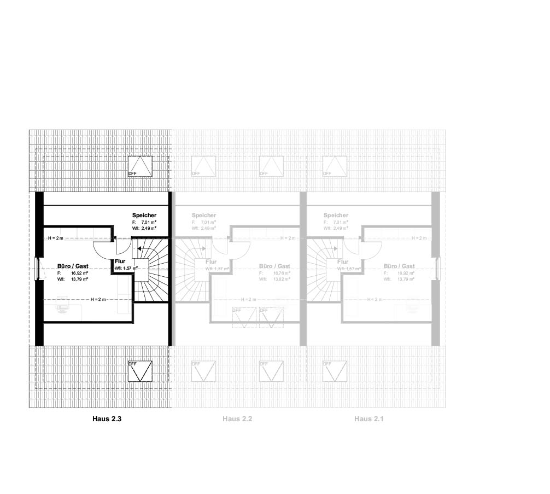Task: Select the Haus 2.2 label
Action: coord(237,419)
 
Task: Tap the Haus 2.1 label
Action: coord(369,419)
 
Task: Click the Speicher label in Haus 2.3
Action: coord(144,216)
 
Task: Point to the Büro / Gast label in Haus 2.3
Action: coord(73,266)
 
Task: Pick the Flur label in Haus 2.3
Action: coord(120,261)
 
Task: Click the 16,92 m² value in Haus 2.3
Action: coord(80,272)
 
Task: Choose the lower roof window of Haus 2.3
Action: coord(140,371)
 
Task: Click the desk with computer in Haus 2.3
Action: coord(62,305)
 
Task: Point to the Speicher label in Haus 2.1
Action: coord(336,216)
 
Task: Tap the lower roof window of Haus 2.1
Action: coord(335,371)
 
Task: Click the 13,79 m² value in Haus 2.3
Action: coord(80,279)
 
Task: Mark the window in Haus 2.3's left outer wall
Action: coord(38,269)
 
